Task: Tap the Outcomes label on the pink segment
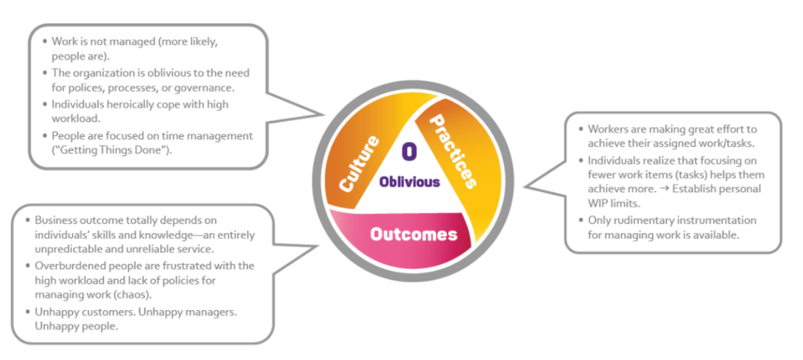pyautogui.click(x=413, y=235)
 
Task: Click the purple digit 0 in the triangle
pyautogui.click(x=410, y=152)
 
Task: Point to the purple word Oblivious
pyautogui.click(x=410, y=182)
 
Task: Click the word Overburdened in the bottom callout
pyautogui.click(x=65, y=265)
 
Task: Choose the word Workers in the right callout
pyautogui.click(x=602, y=129)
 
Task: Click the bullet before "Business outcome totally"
pyautogui.click(x=28, y=220)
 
